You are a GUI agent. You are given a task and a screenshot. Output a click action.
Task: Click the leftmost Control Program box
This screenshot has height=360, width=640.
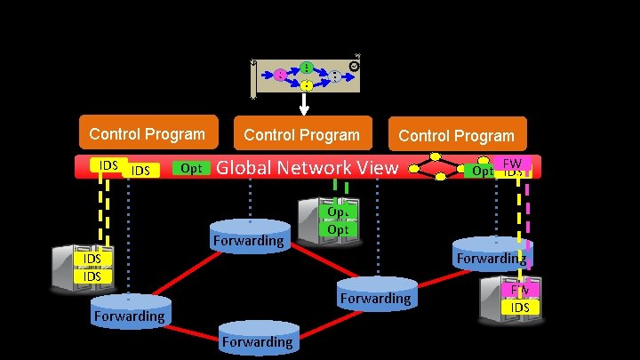[x=148, y=134]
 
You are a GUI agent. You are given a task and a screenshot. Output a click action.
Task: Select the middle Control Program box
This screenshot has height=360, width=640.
[x=301, y=135]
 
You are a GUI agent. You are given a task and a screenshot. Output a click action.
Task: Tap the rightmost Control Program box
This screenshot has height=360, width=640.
[x=456, y=136]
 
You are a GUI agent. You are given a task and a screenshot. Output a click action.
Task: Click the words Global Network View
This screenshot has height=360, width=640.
[x=308, y=166]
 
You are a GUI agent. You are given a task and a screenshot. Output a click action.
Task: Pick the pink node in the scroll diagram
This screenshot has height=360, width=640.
[x=280, y=76]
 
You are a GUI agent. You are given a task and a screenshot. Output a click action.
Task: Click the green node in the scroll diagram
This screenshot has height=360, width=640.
[x=306, y=67]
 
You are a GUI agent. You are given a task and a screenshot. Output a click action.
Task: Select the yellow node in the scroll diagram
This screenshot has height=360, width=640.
[x=306, y=85]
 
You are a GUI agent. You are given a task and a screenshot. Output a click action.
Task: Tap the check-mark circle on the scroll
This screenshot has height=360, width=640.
[x=355, y=66]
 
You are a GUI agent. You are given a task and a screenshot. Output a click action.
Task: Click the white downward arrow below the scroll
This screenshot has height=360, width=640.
[x=304, y=104]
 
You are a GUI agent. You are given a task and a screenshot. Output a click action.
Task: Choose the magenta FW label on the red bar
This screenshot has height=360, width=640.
[x=512, y=163]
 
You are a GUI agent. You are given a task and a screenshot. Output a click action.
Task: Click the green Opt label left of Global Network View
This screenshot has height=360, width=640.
[x=190, y=168]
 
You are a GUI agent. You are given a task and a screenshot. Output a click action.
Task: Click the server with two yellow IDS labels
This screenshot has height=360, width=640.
[x=92, y=266]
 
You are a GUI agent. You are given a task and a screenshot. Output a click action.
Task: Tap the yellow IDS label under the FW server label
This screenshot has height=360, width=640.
[x=520, y=307]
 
